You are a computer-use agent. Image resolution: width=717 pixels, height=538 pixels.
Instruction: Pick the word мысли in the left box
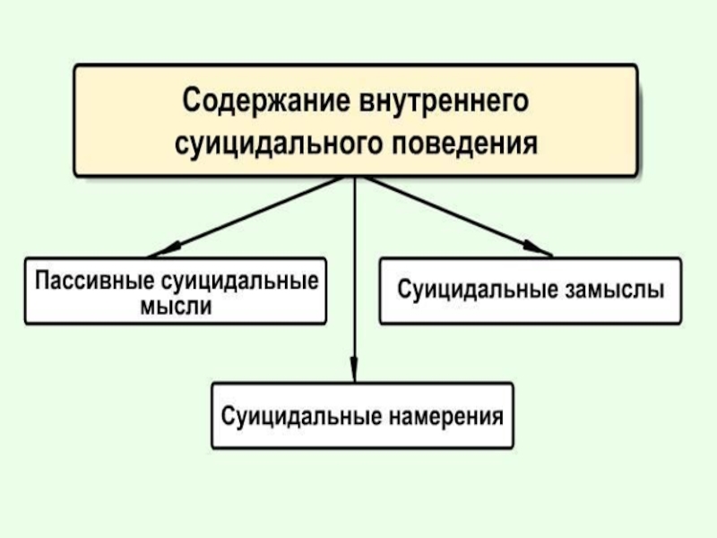pos(177,306)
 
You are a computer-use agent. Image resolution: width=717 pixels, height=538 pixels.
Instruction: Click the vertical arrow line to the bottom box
pos(355,269)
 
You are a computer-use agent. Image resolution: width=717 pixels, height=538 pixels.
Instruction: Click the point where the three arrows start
pos(355,176)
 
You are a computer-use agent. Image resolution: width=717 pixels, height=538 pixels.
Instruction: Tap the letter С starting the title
pos(192,100)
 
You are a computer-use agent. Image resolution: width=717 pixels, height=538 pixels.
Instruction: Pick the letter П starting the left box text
pos(42,280)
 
